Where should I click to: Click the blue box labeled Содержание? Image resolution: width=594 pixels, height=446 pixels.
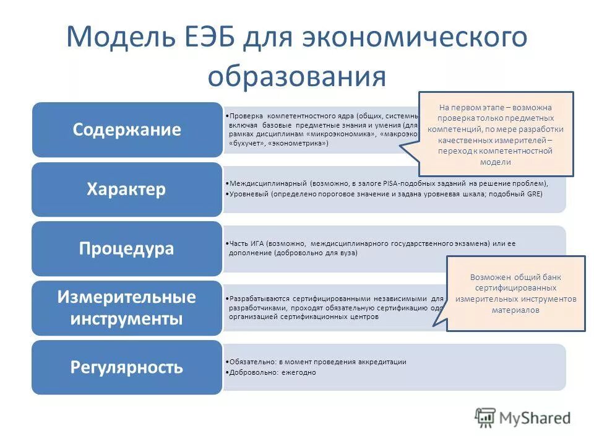coord(127,129)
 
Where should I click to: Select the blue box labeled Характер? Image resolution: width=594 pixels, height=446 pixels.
coord(127,189)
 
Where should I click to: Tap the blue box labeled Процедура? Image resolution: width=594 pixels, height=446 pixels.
coord(127,248)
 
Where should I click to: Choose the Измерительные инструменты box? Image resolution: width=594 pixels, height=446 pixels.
coord(127,308)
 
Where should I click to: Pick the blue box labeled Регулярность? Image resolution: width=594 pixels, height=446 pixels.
coord(127,367)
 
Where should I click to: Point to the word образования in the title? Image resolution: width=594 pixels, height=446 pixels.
coord(296,77)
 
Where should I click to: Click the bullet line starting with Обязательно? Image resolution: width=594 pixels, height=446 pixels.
coord(316,362)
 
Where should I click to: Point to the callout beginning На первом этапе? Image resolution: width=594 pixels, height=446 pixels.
coord(496,134)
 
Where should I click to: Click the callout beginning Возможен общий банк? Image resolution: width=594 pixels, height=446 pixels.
coord(515,294)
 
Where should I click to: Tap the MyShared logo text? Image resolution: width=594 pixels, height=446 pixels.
coord(535,418)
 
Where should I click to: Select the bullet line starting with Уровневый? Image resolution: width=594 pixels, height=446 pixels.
coord(384,194)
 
